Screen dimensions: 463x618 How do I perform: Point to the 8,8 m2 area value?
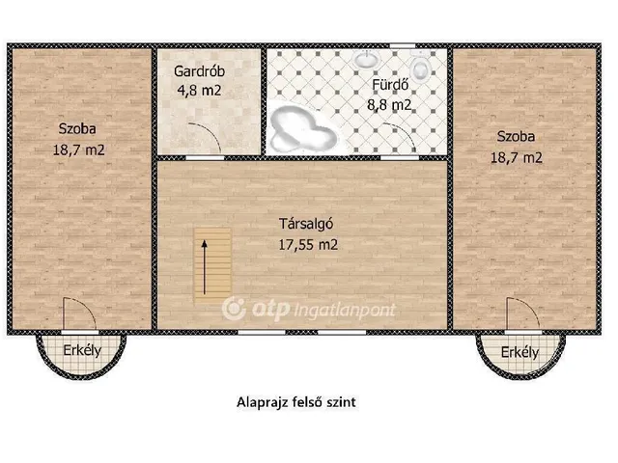pos(392,103)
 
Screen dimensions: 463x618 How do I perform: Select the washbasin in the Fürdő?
pos(366,60)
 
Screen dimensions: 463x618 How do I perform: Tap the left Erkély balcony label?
pos(82,350)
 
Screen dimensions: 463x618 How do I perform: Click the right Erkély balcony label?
pos(520,352)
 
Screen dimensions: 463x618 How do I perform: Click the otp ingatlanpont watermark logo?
pos(290,308)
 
